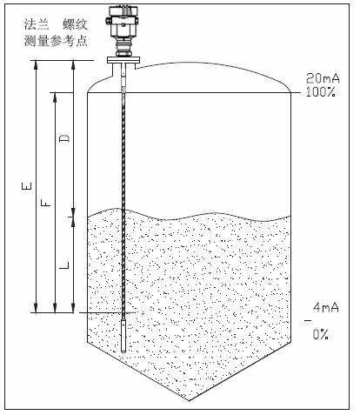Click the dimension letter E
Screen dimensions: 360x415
pyautogui.click(x=26, y=186)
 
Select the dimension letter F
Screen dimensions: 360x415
pyautogui.click(x=46, y=203)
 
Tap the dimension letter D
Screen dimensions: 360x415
pyautogui.click(x=64, y=138)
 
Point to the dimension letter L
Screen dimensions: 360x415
pyautogui.click(x=64, y=265)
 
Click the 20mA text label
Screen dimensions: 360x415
pyautogui.click(x=323, y=78)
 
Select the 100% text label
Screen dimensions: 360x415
pyautogui.click(x=321, y=92)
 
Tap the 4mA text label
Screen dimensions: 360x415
pyautogui.click(x=326, y=307)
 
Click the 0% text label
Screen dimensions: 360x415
pyautogui.click(x=321, y=334)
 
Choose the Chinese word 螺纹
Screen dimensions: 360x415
pyautogui.click(x=75, y=24)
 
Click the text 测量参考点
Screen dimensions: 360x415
pyautogui.click(x=56, y=41)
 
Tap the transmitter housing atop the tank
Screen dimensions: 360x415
pyautogui.click(x=123, y=22)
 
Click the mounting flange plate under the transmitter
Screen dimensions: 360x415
pyautogui.click(x=123, y=60)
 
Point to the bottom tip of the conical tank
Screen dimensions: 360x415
pyautogui.click(x=189, y=400)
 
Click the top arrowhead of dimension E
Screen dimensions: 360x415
pyautogui.click(x=36, y=64)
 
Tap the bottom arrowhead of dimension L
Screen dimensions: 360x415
pyautogui.click(x=73, y=308)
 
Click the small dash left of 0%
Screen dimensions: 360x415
pyautogui.click(x=308, y=320)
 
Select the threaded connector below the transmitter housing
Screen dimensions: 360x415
pyautogui.click(x=123, y=47)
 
